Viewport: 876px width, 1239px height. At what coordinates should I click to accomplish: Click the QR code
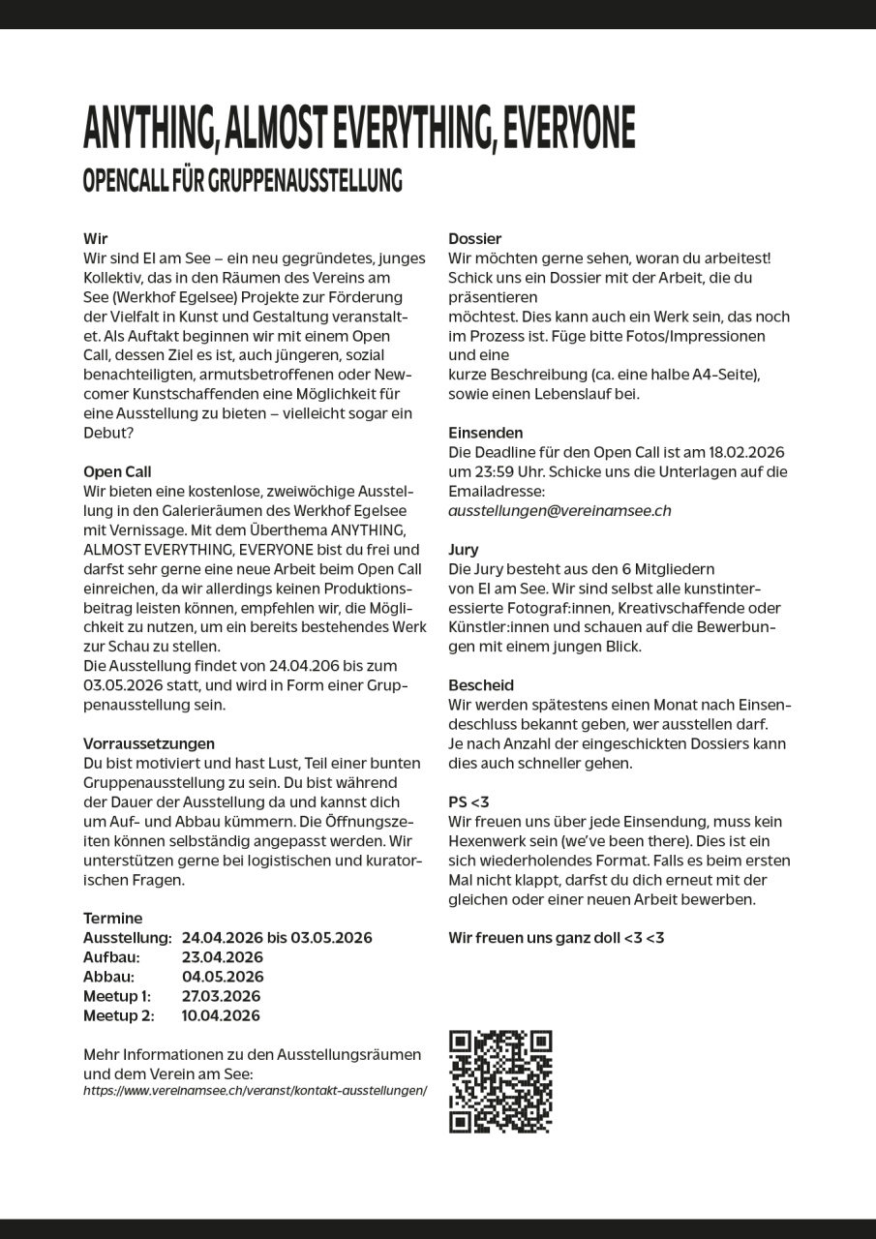tap(500, 1081)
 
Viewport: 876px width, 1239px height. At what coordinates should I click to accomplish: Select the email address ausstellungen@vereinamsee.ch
tap(559, 511)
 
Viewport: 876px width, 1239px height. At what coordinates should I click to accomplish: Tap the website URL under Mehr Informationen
tap(255, 1090)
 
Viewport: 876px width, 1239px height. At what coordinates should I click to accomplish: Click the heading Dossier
tap(475, 239)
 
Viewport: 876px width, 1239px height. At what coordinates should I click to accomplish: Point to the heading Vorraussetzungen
tap(149, 744)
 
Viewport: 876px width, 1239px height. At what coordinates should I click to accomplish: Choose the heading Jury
tap(464, 550)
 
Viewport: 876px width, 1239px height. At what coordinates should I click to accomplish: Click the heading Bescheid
tap(481, 685)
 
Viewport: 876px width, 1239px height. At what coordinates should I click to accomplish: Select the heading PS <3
tap(468, 802)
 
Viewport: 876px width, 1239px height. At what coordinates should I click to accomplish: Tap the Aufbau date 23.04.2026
tap(223, 957)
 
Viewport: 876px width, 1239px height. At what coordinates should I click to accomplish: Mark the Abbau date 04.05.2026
tap(223, 977)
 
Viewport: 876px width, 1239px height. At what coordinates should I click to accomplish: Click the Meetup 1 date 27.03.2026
tap(221, 996)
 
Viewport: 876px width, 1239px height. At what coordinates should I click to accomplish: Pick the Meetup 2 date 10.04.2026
tap(221, 1015)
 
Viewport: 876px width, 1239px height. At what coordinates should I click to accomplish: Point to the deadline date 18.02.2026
tap(747, 453)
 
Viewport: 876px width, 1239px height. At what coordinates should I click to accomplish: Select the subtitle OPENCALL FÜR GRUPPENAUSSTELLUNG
tap(242, 181)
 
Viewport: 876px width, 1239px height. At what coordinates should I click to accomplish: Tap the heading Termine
tap(112, 919)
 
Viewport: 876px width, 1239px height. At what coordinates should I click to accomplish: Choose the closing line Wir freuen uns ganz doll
tap(557, 938)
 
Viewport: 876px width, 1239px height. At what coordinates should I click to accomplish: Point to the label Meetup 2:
tap(118, 1015)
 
